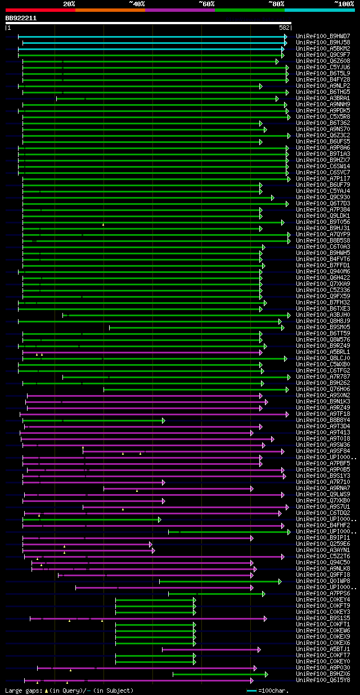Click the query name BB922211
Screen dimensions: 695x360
pyautogui.click(x=21, y=18)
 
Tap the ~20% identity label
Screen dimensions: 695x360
pyautogui.click(x=69, y=4)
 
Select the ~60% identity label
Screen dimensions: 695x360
pyautogui.click(x=206, y=4)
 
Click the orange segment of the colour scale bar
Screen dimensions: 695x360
pyautogui.click(x=110, y=10)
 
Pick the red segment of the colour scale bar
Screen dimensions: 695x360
pyautogui.click(x=40, y=10)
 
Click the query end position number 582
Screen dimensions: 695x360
pyautogui.click(x=284, y=28)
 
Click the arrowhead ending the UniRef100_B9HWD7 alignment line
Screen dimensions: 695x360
pyautogui.click(x=286, y=36)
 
